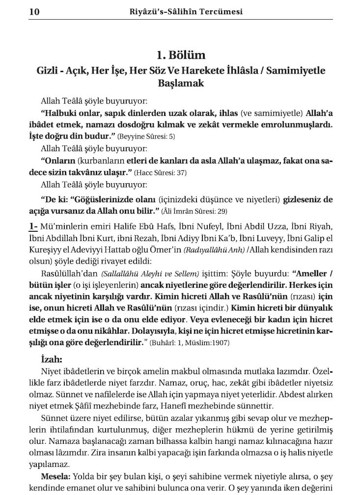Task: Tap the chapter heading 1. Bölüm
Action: point(181,55)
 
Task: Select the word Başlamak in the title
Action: point(181,83)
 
